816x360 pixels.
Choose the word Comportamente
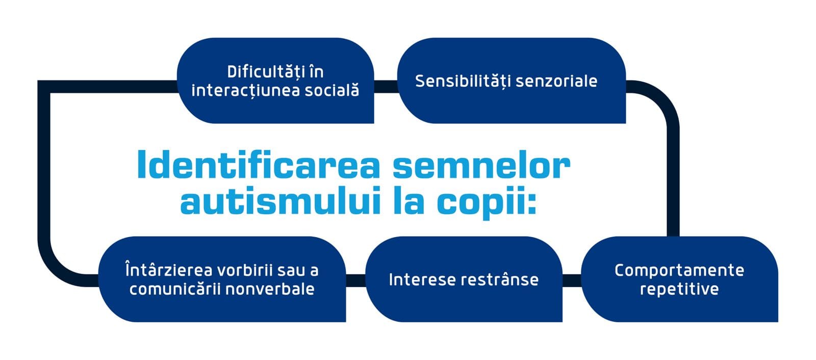click(x=679, y=270)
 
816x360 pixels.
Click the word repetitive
click(x=679, y=289)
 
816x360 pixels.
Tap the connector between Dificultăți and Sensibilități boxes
click(x=386, y=87)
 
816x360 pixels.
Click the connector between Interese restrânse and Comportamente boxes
click(x=572, y=280)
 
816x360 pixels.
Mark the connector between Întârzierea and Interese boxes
click(x=355, y=280)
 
